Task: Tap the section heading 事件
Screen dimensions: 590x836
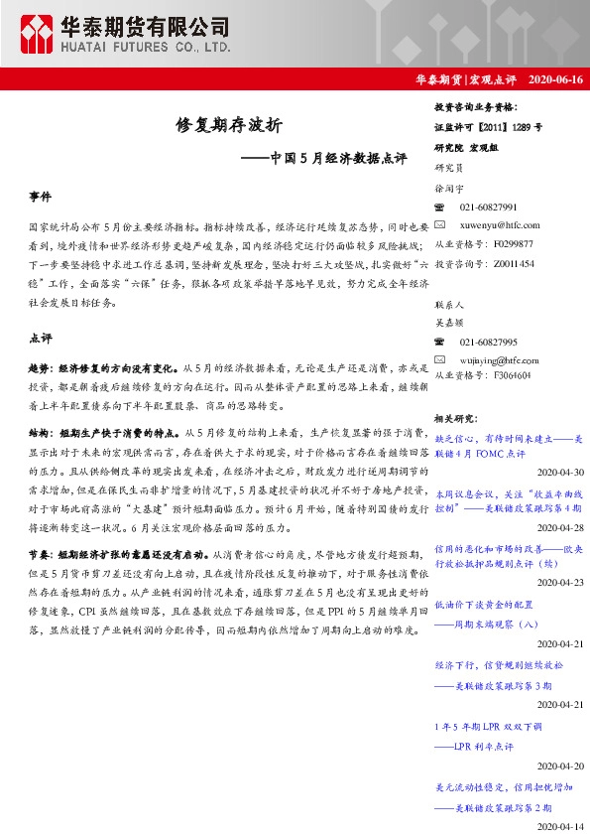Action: tap(41, 198)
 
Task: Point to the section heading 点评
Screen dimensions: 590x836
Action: tap(41, 338)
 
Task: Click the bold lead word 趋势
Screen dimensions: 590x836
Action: tap(39, 366)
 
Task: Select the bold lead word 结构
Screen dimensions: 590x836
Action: tap(39, 433)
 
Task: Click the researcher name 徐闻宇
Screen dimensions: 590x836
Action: tap(449, 187)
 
